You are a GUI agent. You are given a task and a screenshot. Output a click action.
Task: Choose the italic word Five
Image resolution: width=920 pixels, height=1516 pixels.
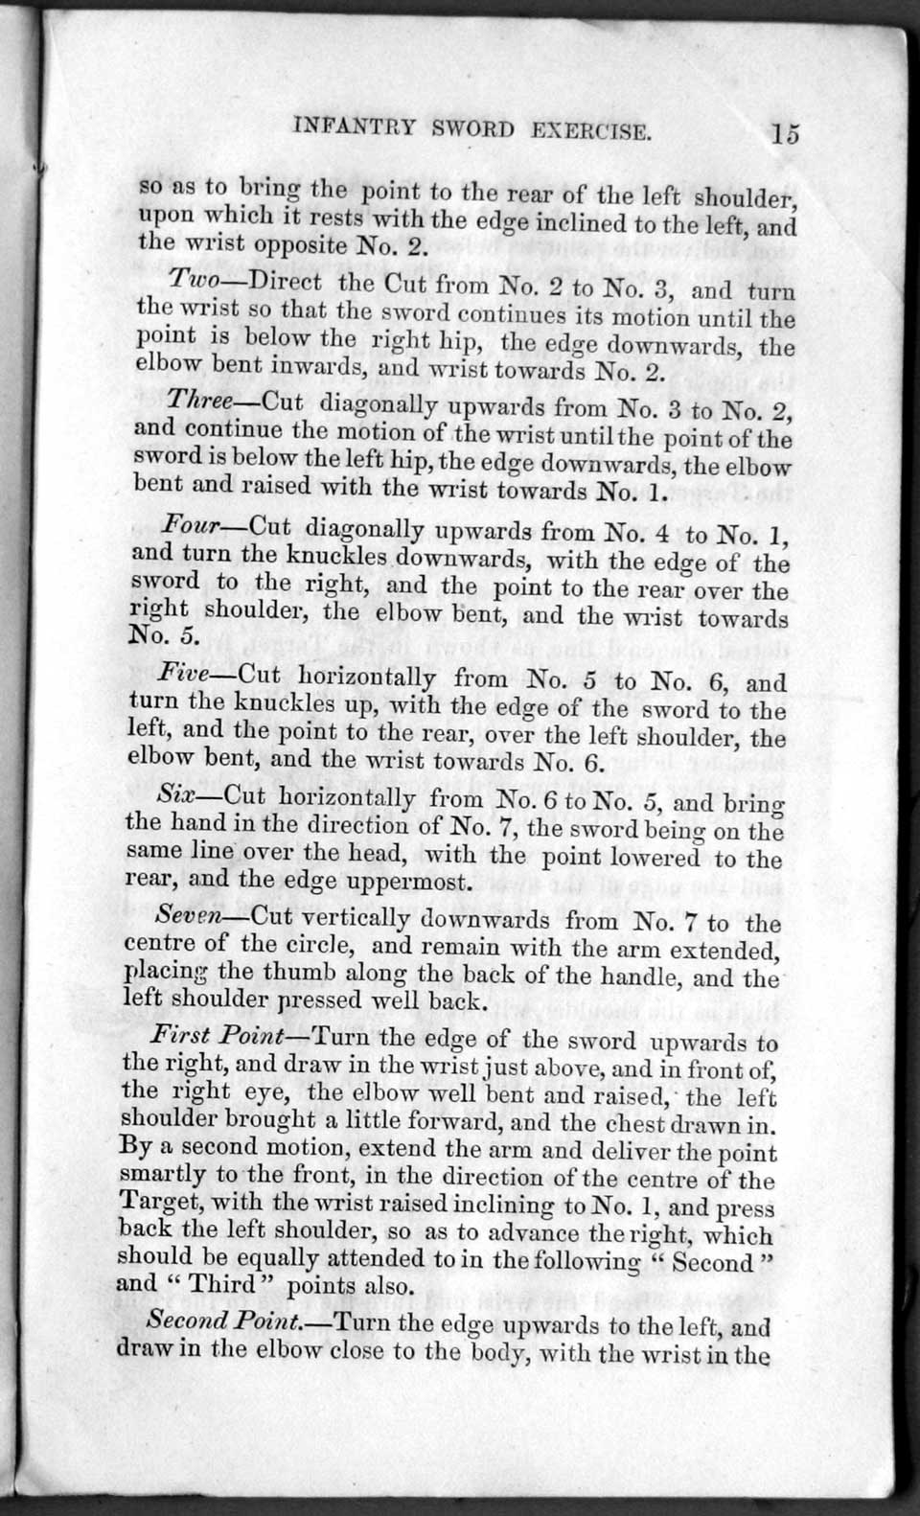click(188, 674)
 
